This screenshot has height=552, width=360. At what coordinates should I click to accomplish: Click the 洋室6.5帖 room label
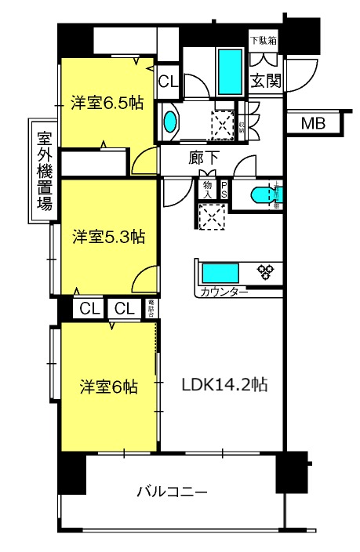pos(108,103)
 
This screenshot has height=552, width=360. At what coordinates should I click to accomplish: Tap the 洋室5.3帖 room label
pos(108,235)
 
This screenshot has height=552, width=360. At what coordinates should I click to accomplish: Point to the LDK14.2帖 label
pos(226,385)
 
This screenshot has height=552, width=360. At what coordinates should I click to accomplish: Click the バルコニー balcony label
pos(172,492)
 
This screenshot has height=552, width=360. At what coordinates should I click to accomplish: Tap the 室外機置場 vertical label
pos(45,170)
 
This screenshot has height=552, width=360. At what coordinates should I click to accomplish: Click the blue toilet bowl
pos(260,196)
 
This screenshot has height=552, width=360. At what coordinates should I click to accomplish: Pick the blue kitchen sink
pos(220,274)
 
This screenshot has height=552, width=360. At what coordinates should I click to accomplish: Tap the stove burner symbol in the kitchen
pos(267,271)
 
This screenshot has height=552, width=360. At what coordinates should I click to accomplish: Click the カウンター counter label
pos(224,292)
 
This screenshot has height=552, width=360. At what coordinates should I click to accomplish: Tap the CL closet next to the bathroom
pos(167,81)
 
